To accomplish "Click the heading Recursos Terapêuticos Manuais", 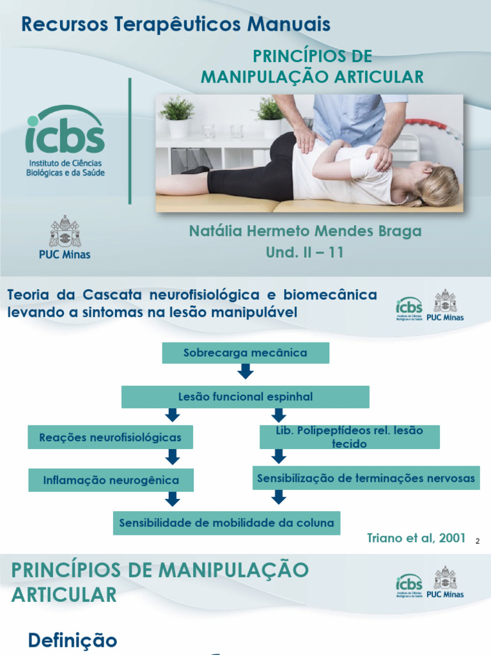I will [176, 25].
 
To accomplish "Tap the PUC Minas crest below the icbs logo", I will [65, 232].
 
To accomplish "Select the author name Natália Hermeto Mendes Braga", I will [305, 231].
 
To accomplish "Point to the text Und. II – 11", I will [305, 252].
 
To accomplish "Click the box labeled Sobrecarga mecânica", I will [245, 352].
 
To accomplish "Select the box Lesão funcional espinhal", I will [245, 397].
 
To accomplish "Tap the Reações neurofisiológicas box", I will [111, 438].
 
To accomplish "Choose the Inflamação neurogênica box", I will [111, 480].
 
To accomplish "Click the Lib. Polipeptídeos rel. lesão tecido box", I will [350, 437].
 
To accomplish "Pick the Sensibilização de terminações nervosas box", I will [366, 478].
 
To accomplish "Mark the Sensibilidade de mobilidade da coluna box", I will [226, 523].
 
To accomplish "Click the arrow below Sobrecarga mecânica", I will [245, 372].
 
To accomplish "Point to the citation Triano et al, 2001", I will [416, 537].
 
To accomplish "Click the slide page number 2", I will [477, 542].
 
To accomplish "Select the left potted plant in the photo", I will [176, 115].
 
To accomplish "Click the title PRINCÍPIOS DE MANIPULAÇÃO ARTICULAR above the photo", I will [312, 66].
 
